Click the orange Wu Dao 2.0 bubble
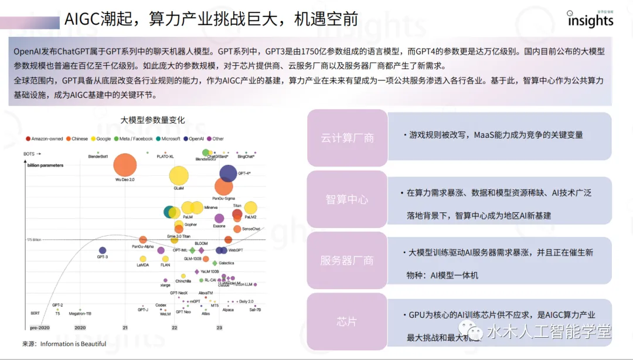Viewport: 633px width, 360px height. click(125, 165)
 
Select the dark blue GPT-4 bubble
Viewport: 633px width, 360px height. click(228, 173)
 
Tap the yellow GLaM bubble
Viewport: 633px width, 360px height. click(179, 175)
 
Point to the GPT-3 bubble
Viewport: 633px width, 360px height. click(103, 250)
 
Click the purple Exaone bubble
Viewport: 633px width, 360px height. click(219, 219)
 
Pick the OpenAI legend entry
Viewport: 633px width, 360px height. click(194, 139)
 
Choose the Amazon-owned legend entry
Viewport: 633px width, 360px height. click(45, 139)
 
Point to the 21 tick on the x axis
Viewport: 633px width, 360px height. click(125, 328)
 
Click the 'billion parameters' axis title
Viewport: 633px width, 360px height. click(45, 165)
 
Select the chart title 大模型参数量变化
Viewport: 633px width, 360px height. click(152, 120)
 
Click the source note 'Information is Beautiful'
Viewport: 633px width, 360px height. click(73, 344)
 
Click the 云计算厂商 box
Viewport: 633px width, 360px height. click(347, 138)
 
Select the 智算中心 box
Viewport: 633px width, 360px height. click(347, 199)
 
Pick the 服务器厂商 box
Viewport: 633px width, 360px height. click(347, 260)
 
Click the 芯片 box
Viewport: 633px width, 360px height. click(347, 322)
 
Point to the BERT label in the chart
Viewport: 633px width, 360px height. click(35, 313)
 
